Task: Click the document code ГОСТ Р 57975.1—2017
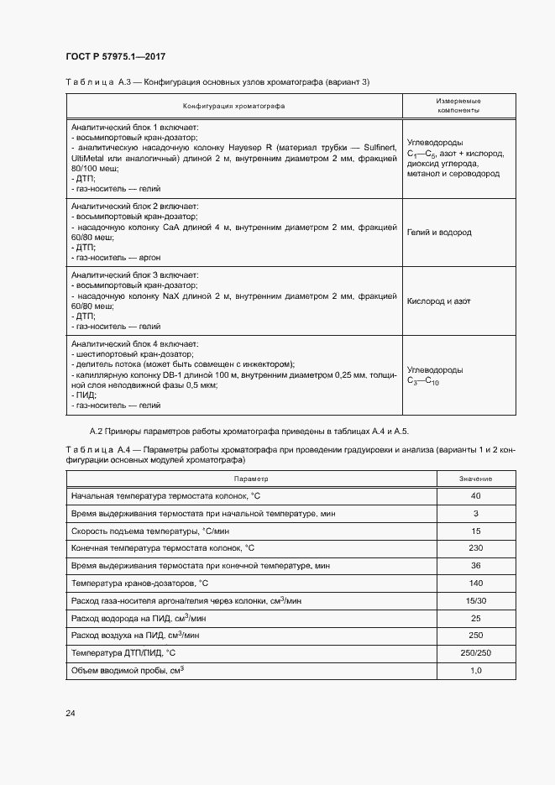[x=114, y=56]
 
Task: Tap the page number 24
[x=71, y=714]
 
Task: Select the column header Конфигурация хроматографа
[x=234, y=106]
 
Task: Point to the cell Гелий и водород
[x=439, y=233]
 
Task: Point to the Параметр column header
[x=250, y=478]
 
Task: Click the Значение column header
[x=475, y=478]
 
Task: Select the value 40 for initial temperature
[x=475, y=495]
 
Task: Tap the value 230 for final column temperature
[x=475, y=548]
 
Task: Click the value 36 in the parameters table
[x=475, y=566]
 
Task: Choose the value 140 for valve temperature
[x=475, y=584]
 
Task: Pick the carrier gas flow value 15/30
[x=475, y=601]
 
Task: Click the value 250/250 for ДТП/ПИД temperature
[x=475, y=653]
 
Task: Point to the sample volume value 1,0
[x=475, y=671]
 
